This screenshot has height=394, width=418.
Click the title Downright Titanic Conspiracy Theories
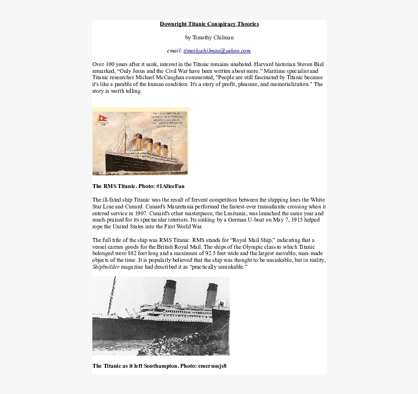point(209,24)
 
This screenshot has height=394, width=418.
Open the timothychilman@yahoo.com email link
point(217,51)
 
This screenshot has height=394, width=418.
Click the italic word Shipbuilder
point(106,267)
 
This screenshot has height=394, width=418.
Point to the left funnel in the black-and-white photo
point(169,291)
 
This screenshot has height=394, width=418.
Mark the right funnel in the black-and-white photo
point(211,295)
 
